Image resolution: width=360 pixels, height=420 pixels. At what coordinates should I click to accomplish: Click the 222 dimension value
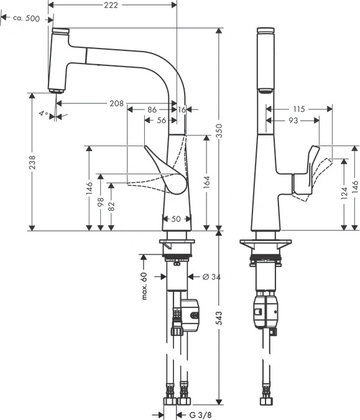[x=111, y=5]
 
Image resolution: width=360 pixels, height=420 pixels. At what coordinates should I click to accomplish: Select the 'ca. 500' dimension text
[x=26, y=19]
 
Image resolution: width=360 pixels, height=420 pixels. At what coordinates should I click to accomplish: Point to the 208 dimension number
[x=117, y=103]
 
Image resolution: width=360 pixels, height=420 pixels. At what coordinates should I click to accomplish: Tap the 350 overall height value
[x=219, y=131]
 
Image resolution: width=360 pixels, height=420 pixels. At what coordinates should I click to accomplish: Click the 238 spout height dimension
[x=32, y=162]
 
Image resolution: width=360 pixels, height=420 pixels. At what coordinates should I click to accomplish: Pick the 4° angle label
[x=44, y=114]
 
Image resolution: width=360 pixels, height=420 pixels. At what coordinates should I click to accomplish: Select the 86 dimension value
[x=152, y=110]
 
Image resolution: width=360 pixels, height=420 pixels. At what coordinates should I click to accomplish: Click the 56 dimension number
[x=162, y=121]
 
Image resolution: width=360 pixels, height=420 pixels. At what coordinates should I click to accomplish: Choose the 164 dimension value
[x=206, y=182]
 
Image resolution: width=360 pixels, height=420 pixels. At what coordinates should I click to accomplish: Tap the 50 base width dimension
[x=176, y=219]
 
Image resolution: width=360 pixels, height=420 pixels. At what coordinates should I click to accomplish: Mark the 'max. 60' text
[x=144, y=286]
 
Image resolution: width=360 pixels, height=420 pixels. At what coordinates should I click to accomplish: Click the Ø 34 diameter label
[x=211, y=277]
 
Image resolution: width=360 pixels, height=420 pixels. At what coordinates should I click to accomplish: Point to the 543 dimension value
[x=219, y=318]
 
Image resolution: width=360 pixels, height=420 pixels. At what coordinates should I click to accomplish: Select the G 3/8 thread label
[x=200, y=415]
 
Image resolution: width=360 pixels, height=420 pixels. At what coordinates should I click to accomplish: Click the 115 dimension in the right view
[x=298, y=109]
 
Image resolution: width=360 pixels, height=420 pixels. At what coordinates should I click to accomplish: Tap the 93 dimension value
[x=293, y=121]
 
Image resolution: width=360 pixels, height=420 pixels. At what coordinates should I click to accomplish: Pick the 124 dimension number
[x=344, y=193]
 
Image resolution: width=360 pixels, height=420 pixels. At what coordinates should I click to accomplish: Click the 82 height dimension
[x=111, y=206]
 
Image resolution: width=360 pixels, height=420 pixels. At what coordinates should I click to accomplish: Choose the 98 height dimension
[x=100, y=202]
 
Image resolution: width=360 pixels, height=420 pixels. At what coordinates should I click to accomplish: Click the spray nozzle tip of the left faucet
[x=56, y=91]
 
